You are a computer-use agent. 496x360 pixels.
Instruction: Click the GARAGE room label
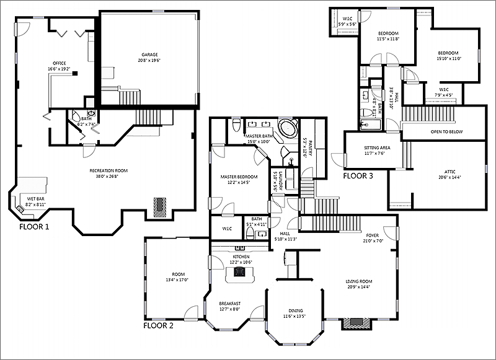tap(149, 55)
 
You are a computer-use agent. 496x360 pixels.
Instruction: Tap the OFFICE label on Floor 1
tap(60, 63)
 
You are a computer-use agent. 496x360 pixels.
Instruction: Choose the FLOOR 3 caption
tap(358, 175)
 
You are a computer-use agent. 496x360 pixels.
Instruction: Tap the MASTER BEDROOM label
tap(238, 177)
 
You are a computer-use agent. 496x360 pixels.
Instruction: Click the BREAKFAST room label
tap(229, 303)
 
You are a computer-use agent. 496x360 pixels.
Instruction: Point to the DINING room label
tap(295, 311)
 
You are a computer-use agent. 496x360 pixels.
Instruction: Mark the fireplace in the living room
tap(357, 323)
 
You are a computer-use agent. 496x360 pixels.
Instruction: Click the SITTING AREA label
tap(377, 147)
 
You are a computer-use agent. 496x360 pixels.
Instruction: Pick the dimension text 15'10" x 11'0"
tap(449, 58)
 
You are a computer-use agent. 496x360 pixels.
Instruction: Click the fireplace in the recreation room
tap(161, 207)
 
